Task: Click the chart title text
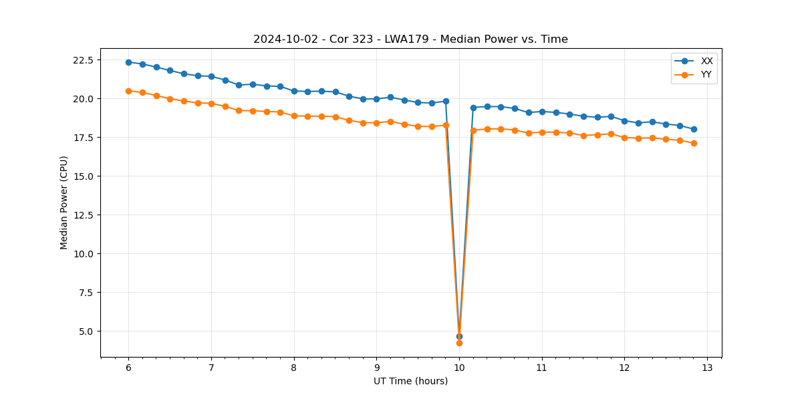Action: pos(410,39)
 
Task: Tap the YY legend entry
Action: pos(706,75)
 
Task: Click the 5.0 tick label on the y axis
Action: pos(88,331)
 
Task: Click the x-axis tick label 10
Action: pos(459,368)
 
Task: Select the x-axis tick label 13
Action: pos(707,368)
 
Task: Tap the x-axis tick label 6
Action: pos(128,368)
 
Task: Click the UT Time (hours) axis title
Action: pos(410,382)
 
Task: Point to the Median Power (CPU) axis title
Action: pos(64,203)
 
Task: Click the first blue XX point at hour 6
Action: pos(128,62)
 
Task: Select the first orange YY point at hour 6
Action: pos(128,91)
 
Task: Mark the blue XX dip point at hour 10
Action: pos(459,336)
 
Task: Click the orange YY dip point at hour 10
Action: pos(459,343)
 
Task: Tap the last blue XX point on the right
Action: pos(694,129)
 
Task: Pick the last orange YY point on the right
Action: pos(694,143)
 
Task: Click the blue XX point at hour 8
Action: pos(294,91)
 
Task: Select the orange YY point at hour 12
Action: pos(624,138)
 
